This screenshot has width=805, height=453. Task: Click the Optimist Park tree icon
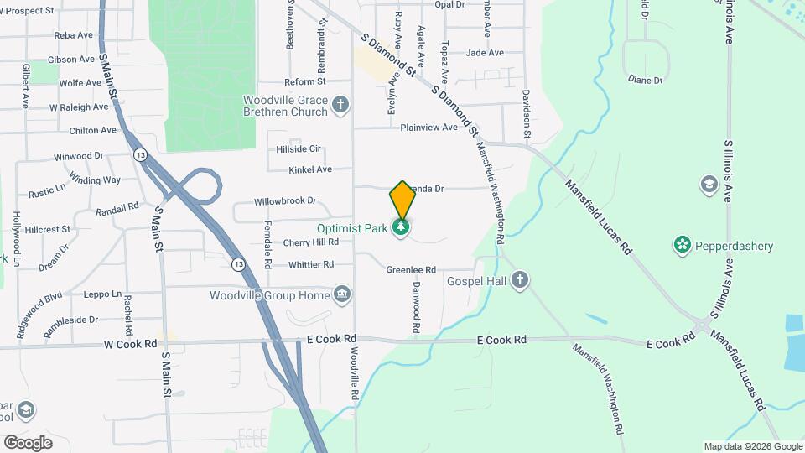coord(402,227)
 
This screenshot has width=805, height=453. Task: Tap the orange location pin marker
coord(402,200)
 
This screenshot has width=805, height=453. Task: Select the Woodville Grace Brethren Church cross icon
coord(340,105)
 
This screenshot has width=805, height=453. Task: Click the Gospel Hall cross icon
coord(520,280)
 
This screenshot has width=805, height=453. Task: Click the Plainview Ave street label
coord(428,128)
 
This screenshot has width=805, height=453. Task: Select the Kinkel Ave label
coord(310,169)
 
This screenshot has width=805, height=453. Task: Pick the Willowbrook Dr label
coord(285,201)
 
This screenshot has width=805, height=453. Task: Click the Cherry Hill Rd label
coord(310,242)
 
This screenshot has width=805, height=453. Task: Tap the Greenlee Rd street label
coord(411,270)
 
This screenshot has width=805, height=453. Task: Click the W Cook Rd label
coord(130,344)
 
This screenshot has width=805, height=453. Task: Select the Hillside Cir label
coord(299,149)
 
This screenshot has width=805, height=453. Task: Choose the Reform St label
coord(304,82)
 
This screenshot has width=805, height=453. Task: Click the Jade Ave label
coord(484,53)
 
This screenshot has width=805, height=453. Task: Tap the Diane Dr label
coord(645,80)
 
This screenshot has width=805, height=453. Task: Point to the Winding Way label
coord(95,180)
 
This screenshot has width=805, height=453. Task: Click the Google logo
coord(28,442)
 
